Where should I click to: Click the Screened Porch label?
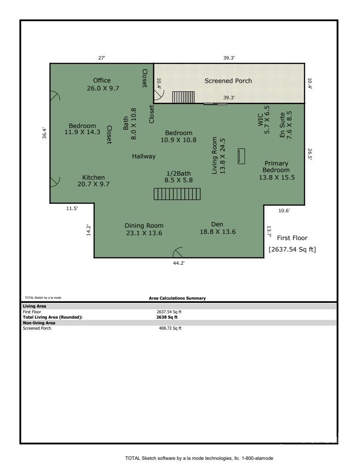click(x=228, y=81)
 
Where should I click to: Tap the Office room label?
click(x=102, y=80)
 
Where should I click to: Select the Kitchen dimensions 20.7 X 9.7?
click(x=94, y=184)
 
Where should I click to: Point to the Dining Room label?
click(x=144, y=225)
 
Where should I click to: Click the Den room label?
click(x=217, y=224)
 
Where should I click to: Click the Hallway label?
click(x=144, y=156)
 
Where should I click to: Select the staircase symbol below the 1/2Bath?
click(x=177, y=194)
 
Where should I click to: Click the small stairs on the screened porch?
click(x=183, y=97)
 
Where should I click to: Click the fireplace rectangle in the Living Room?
click(x=241, y=156)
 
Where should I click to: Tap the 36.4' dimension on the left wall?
click(x=44, y=133)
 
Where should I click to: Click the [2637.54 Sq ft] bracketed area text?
click(x=292, y=249)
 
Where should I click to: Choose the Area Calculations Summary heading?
click(x=177, y=298)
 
